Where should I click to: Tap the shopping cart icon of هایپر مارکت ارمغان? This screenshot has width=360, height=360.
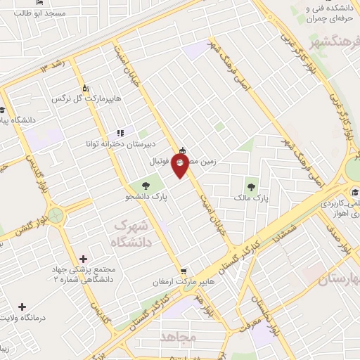point(184,270)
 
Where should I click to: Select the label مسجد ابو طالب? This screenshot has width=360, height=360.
point(64,13)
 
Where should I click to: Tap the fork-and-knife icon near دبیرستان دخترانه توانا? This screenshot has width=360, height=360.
point(120,131)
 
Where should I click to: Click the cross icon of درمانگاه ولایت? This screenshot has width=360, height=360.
point(22,307)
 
